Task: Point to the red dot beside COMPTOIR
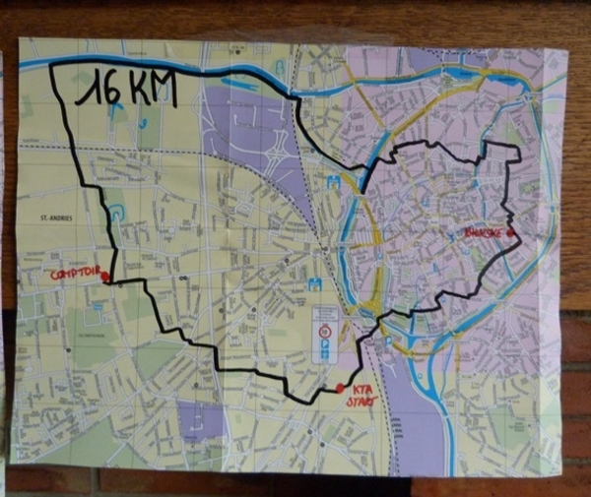tap(104, 278)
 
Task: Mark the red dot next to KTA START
tap(340, 388)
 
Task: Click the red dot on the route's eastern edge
tap(510, 232)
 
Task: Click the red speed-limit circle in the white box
tap(324, 333)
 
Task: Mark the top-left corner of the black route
tap(51, 65)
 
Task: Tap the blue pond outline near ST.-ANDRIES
tap(115, 213)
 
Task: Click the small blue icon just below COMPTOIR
tap(98, 307)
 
